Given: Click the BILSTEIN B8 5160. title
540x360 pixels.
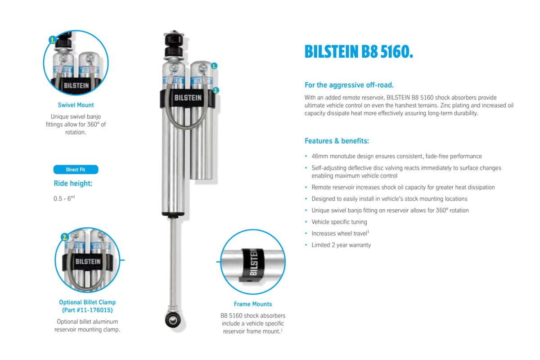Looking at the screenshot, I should tap(359, 52).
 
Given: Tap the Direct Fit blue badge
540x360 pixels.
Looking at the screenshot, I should tap(76, 170).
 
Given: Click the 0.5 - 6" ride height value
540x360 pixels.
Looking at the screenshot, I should tap(64, 198).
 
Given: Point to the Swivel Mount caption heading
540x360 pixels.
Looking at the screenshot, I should tap(76, 105).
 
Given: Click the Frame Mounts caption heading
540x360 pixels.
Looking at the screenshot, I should tap(253, 304).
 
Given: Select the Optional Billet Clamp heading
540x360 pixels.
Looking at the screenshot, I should tap(87, 302).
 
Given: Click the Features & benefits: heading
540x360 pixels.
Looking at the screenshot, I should tap(337, 141).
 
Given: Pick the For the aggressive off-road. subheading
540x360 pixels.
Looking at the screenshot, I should tap(349, 85).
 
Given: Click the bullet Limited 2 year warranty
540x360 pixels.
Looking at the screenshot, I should tap(341, 245).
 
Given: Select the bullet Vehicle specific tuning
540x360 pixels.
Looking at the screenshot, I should tap(339, 222).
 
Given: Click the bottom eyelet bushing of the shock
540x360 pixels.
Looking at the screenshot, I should tap(172, 319).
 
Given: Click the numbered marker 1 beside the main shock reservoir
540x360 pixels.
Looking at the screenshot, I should tap(214, 66).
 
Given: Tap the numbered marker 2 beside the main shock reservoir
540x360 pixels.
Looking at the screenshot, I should tap(216, 90).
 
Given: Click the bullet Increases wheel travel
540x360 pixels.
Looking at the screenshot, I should tap(340, 233).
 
